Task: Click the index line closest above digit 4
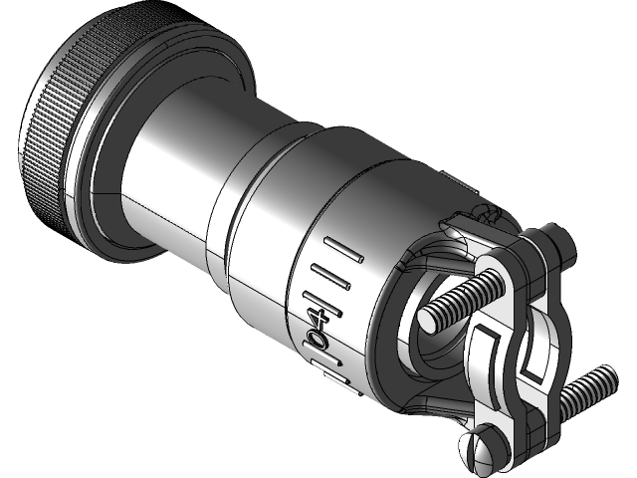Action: click(x=324, y=297)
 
